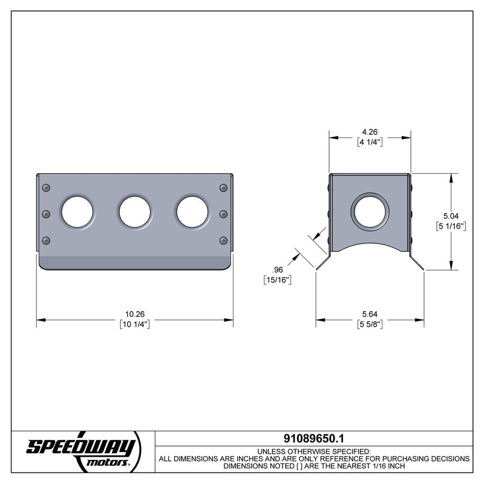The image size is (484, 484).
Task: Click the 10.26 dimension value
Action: coord(134,314)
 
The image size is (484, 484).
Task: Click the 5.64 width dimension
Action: coord(370,314)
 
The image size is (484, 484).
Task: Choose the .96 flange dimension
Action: coord(278,270)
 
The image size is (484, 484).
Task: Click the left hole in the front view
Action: coord(77,212)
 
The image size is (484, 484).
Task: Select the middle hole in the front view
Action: coord(134,212)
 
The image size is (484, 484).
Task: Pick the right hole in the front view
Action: coord(192,212)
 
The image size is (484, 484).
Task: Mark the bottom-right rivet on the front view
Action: coord(223,240)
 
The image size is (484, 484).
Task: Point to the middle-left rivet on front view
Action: coord(45,214)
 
